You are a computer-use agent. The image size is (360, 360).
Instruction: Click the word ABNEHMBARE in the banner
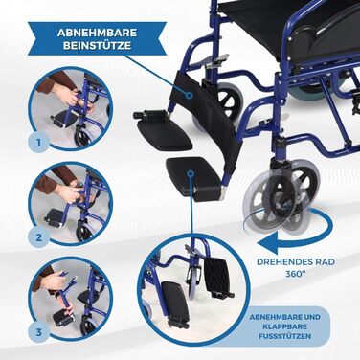pyautogui.click(x=98, y=33)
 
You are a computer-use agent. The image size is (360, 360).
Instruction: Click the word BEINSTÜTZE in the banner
pyautogui.click(x=98, y=45)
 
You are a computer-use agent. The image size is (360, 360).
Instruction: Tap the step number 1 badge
pyautogui.click(x=38, y=142)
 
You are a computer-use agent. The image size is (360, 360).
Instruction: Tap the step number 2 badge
pyautogui.click(x=38, y=237)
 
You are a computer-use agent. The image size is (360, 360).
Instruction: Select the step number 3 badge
pyautogui.click(x=38, y=332)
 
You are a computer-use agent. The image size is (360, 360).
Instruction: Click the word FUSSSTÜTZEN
pyautogui.click(x=285, y=336)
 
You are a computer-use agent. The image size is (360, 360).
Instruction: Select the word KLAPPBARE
pyautogui.click(x=285, y=326)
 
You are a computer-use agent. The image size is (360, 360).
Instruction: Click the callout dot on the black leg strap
pyautogui.click(x=189, y=95)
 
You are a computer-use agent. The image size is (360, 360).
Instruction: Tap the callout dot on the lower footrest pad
pyautogui.click(x=191, y=173)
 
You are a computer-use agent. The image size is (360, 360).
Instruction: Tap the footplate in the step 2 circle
pyautogui.click(x=55, y=219)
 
